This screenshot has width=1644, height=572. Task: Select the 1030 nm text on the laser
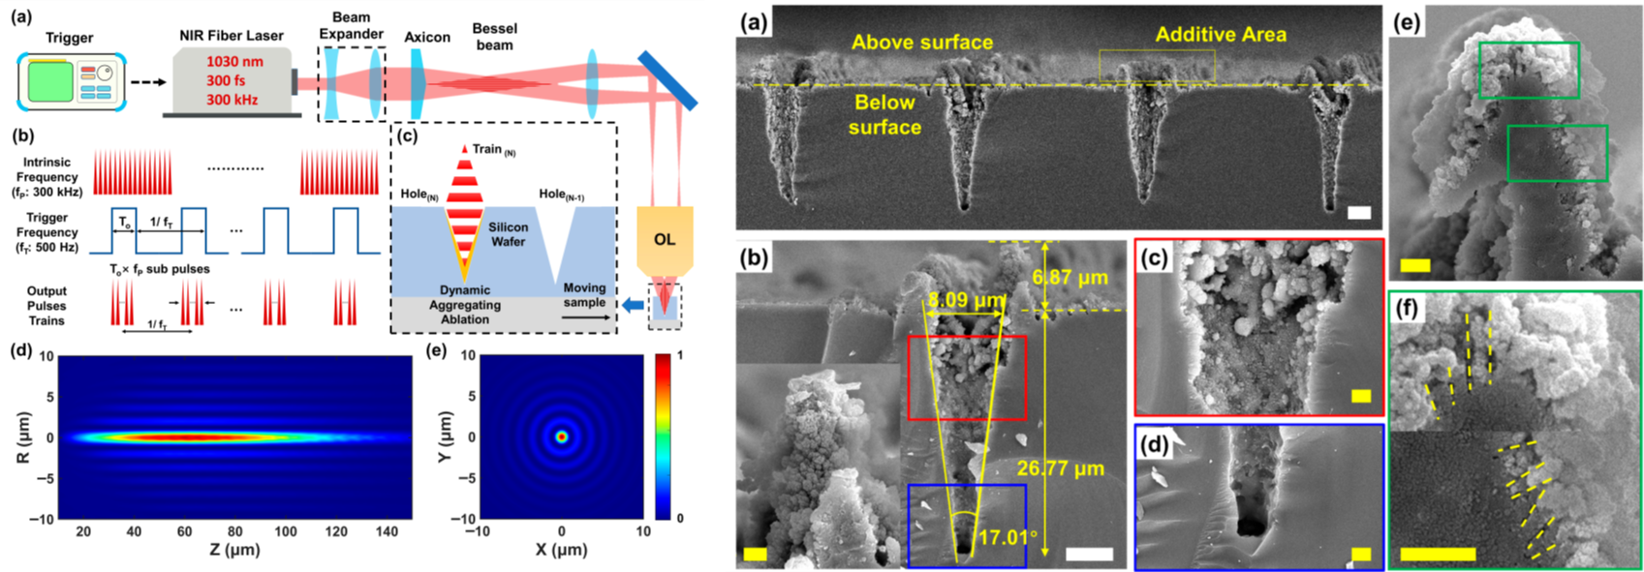pyautogui.click(x=234, y=62)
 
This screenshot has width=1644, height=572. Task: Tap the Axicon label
pyautogui.click(x=426, y=38)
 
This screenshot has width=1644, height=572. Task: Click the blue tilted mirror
pyautogui.click(x=667, y=79)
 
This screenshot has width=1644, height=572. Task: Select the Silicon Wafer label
pyautogui.click(x=509, y=234)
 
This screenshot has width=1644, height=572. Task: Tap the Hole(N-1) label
pyautogui.click(x=562, y=195)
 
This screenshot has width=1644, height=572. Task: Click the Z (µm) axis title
pyautogui.click(x=233, y=550)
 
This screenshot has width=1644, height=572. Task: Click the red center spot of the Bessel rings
pyautogui.click(x=562, y=437)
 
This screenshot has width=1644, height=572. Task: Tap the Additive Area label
pyautogui.click(x=1222, y=34)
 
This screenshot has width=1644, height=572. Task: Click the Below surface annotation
pyautogui.click(x=885, y=114)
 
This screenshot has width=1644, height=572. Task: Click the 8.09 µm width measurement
pyautogui.click(x=964, y=301)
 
